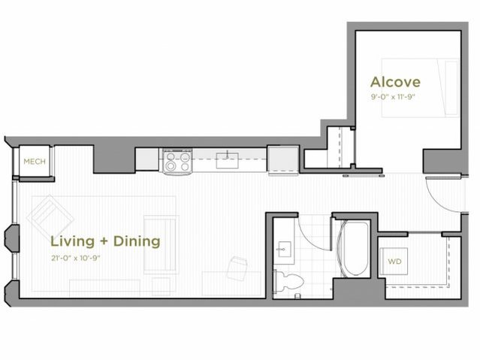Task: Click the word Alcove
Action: click(394, 81)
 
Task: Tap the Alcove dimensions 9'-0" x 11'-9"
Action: click(394, 97)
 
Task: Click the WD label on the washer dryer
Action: click(394, 262)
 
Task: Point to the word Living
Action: click(72, 241)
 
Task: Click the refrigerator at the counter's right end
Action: click(283, 159)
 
